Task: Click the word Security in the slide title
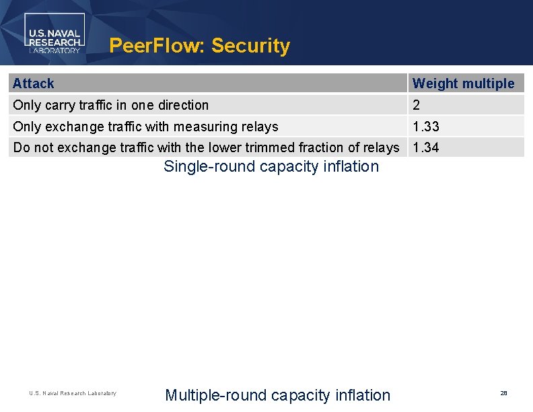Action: click(250, 46)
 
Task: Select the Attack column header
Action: click(34, 83)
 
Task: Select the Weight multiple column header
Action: click(463, 83)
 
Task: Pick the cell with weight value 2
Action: click(417, 105)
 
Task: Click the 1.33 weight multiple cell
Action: click(426, 127)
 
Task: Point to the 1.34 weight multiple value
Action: click(426, 147)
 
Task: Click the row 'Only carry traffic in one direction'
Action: click(111, 105)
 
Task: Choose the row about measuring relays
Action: click(145, 127)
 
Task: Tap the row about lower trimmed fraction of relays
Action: click(206, 147)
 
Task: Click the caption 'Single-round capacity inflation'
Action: click(271, 166)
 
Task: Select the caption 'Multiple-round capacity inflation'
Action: click(277, 395)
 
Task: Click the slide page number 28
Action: click(503, 392)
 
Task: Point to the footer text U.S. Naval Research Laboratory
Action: click(73, 393)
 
